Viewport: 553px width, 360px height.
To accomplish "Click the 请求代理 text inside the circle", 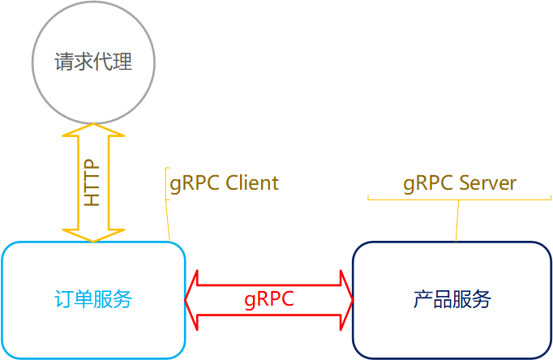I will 93,62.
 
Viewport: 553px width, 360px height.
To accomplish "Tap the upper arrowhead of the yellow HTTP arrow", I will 93,131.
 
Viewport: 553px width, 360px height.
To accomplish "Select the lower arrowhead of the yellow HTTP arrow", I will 93,234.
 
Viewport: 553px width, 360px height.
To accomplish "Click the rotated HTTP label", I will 93,182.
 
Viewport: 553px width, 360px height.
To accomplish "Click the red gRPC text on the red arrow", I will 268,299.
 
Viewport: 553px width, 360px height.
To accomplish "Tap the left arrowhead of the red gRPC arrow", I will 193,300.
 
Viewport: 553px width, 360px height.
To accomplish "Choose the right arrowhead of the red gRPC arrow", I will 346,300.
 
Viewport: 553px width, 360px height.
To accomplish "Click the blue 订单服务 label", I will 93,300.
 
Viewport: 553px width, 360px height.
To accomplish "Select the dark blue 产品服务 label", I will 452,300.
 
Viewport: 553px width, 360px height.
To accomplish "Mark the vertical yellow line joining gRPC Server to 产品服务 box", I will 457,221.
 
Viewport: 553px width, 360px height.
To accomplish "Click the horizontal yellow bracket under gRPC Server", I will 459,199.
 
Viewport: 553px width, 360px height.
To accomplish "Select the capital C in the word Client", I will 231,183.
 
